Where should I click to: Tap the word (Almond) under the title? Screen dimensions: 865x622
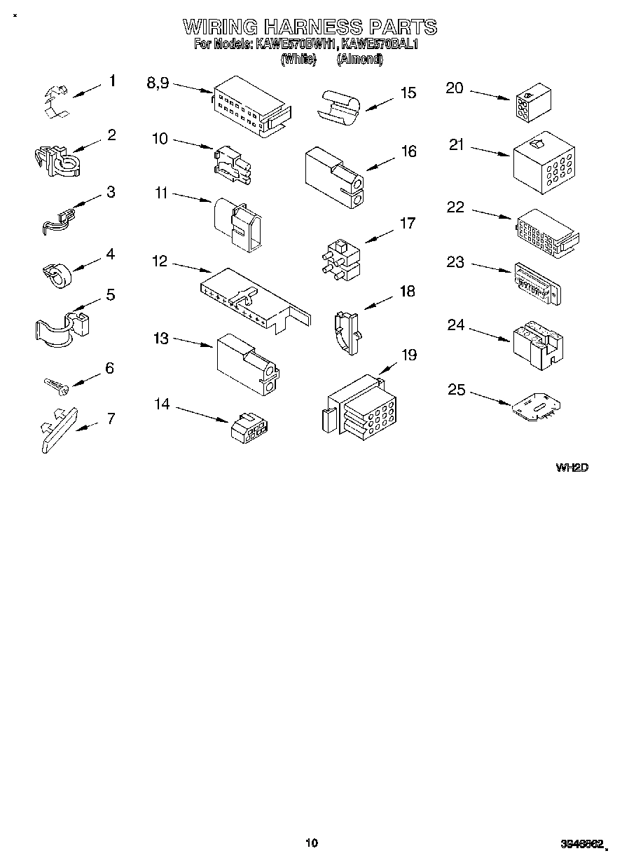pyautogui.click(x=360, y=60)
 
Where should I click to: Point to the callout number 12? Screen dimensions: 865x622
pyautogui.click(x=160, y=261)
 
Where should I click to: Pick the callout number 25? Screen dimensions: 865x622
pyautogui.click(x=457, y=389)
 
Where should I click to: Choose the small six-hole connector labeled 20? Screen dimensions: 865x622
pyautogui.click(x=530, y=102)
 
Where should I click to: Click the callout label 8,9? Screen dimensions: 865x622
pyautogui.click(x=158, y=83)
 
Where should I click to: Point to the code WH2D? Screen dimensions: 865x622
pyautogui.click(x=571, y=468)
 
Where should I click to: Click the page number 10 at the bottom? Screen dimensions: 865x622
pyautogui.click(x=312, y=843)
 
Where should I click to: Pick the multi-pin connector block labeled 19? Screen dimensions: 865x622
pyautogui.click(x=360, y=410)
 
